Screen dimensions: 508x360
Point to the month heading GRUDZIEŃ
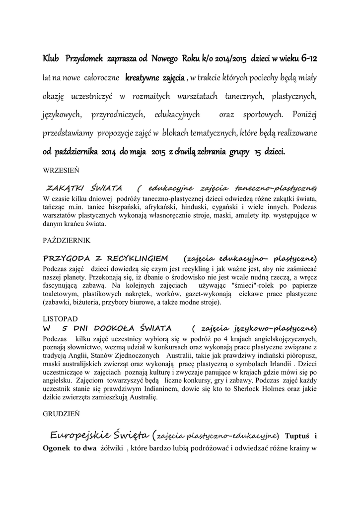pos(60,412)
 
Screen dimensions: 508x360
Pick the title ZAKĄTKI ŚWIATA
pos(84,189)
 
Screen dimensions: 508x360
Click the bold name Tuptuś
pos(296,437)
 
